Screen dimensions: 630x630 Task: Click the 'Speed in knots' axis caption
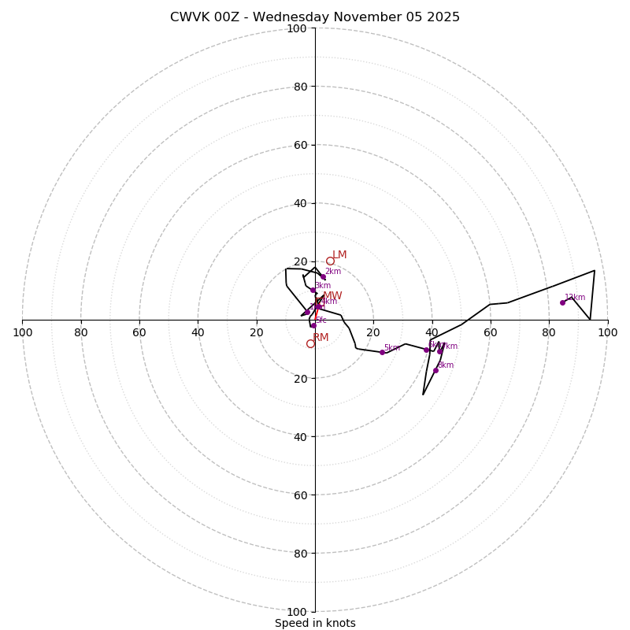[315, 623]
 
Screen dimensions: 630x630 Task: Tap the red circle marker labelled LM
[330, 261]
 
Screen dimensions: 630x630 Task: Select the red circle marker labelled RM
[310, 343]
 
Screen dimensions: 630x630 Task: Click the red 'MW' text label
[332, 296]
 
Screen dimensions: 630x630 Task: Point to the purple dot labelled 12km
[562, 302]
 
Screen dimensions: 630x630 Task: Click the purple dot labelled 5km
[382, 352]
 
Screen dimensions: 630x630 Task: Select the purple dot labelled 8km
[435, 370]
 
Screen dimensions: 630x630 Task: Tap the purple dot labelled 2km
[323, 277]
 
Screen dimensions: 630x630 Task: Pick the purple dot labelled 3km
[313, 290]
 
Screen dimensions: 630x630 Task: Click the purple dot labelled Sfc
[313, 325]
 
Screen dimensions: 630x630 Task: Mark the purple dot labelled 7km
[439, 351]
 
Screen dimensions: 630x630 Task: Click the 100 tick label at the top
[297, 29]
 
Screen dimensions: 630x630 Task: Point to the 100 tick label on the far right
[607, 332]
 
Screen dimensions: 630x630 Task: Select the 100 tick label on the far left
[23, 332]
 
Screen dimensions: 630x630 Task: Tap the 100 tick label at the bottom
[297, 612]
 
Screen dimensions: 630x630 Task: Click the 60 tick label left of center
[139, 332]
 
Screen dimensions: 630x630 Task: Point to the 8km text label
[446, 365]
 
